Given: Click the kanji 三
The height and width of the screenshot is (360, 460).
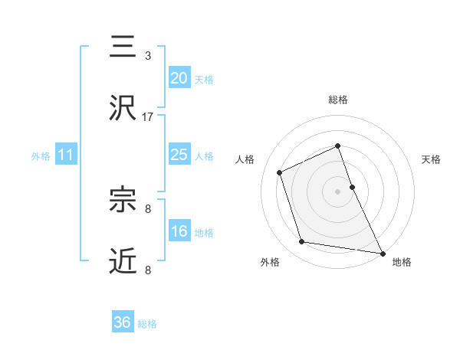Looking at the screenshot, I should coord(123,47).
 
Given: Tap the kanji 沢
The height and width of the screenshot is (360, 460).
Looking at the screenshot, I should coord(123,108).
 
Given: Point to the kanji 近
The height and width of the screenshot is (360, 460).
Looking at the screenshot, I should coord(123,260).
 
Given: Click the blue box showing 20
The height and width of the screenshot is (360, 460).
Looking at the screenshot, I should coord(179,77).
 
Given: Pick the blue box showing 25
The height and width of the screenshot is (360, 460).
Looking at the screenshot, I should coord(179,155).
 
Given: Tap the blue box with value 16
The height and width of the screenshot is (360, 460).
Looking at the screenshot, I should coord(179,231).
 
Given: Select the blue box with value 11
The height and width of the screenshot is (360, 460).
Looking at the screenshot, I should coord(66,155).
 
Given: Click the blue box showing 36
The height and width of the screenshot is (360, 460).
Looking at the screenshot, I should coord(123,322).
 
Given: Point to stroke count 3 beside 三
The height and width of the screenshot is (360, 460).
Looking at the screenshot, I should coord(147,56).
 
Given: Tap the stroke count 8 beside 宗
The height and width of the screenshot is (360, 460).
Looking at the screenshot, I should coord(147,208).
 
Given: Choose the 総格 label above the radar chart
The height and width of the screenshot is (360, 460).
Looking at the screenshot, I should coord(338,100).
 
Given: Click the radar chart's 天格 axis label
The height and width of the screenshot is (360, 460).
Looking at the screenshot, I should coord(432,159).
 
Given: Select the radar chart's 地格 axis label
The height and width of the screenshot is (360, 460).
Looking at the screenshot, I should coord(402,262).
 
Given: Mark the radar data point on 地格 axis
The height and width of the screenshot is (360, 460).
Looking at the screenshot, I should coord(382,252).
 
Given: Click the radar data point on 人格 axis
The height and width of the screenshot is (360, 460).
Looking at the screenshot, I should coord(281,172).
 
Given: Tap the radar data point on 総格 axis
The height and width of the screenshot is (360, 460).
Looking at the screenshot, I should coord(338,146).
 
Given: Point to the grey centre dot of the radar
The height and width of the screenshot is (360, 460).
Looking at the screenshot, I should coord(338,191).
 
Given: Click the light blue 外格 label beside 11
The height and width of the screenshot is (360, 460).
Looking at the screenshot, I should coord(41,155).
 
